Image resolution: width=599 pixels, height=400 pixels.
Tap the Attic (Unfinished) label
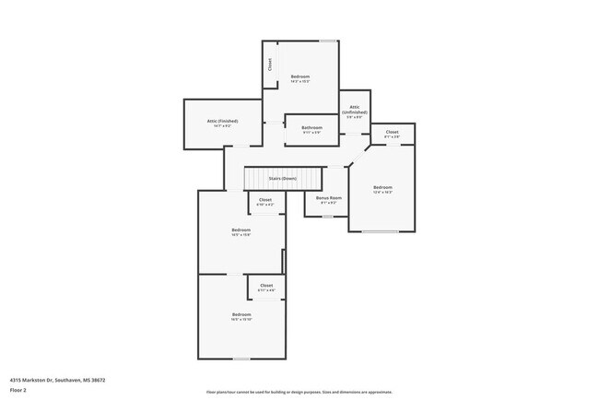[354, 110]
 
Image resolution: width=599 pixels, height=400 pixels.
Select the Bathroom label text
[311, 127]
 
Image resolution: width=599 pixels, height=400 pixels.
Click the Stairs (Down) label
[282, 178]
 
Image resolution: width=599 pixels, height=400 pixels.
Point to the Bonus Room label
[329, 198]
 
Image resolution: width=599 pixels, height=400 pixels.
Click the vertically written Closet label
[270, 65]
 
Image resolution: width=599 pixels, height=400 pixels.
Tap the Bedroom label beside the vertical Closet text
[300, 76]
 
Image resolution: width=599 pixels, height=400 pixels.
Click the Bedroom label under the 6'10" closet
[241, 229]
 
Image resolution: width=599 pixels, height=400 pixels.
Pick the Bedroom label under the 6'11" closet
[241, 315]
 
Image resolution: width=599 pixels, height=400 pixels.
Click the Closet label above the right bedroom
[392, 132]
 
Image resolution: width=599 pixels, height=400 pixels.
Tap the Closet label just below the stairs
[265, 200]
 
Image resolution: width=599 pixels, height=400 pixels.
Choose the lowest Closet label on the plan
[266, 286]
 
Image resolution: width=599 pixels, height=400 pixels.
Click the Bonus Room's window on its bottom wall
[327, 217]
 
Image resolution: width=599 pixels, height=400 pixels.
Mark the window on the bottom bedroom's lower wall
[241, 359]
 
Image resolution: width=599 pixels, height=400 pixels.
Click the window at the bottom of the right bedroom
[380, 231]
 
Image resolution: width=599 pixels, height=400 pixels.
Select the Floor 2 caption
[18, 391]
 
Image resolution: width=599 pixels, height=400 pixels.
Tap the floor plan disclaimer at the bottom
[299, 392]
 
